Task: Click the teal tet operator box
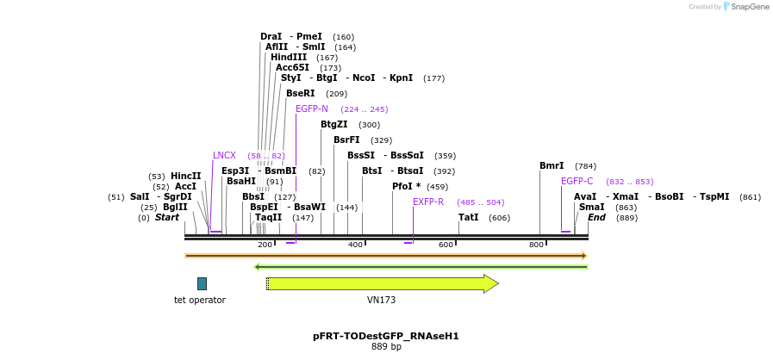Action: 202,283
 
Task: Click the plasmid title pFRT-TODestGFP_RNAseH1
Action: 386,336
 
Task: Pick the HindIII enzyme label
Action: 289,57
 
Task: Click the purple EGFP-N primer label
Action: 312,109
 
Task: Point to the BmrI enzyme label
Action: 552,165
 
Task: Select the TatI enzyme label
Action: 469,217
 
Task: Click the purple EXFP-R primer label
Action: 428,202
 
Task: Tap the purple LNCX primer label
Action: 224,155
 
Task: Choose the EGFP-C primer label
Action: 577,181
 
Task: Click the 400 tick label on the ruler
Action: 355,245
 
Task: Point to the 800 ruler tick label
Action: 536,245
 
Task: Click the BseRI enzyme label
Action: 301,93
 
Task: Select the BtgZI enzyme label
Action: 334,124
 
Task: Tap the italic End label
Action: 596,217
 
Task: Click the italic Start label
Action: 167,217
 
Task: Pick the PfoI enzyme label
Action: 406,186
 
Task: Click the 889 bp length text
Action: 386,347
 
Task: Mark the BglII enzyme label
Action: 175,207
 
